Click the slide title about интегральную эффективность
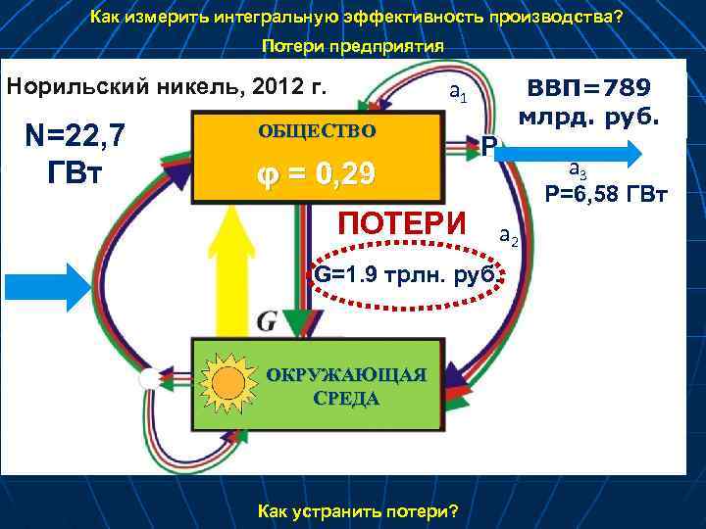(356, 18)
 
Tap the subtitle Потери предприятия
(353, 47)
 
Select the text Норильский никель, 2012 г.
(168, 85)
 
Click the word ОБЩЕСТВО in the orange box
(316, 130)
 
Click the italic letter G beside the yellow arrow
(268, 320)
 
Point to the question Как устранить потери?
(356, 511)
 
